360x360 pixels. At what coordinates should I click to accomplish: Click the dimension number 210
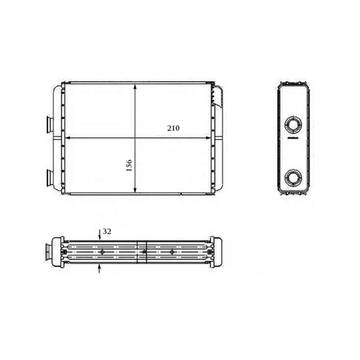[173, 128]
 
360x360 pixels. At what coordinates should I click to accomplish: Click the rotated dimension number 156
[129, 167]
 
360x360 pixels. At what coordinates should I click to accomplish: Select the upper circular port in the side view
[293, 124]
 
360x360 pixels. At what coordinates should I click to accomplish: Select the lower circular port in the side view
[293, 178]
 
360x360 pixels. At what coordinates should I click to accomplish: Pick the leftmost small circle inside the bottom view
[101, 252]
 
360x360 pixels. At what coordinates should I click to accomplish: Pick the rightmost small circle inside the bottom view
[172, 251]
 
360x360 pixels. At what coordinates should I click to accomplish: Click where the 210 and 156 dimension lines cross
[136, 137]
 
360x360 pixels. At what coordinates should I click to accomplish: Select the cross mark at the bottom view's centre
[145, 251]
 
